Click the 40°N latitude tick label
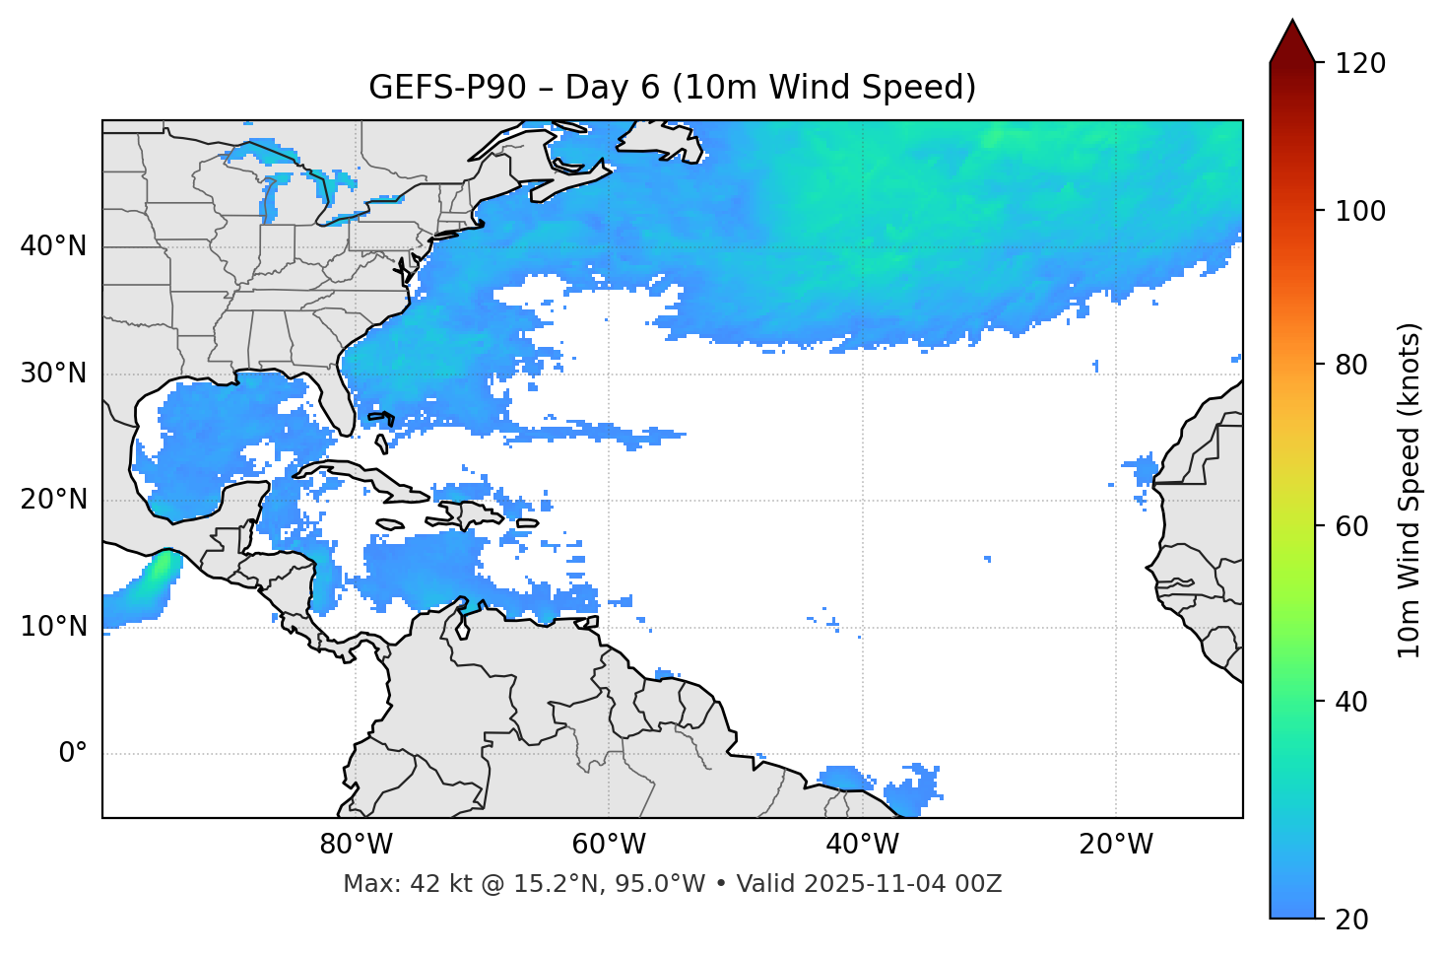[53, 246]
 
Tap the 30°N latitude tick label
[53, 374]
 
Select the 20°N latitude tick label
[53, 500]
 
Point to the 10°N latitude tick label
[53, 627]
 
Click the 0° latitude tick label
[73, 754]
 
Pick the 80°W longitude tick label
[356, 845]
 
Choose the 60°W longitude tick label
[609, 845]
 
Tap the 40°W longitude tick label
[862, 845]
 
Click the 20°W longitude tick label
[1115, 845]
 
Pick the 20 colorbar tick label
[1351, 920]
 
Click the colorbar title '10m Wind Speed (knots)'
[1410, 490]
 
